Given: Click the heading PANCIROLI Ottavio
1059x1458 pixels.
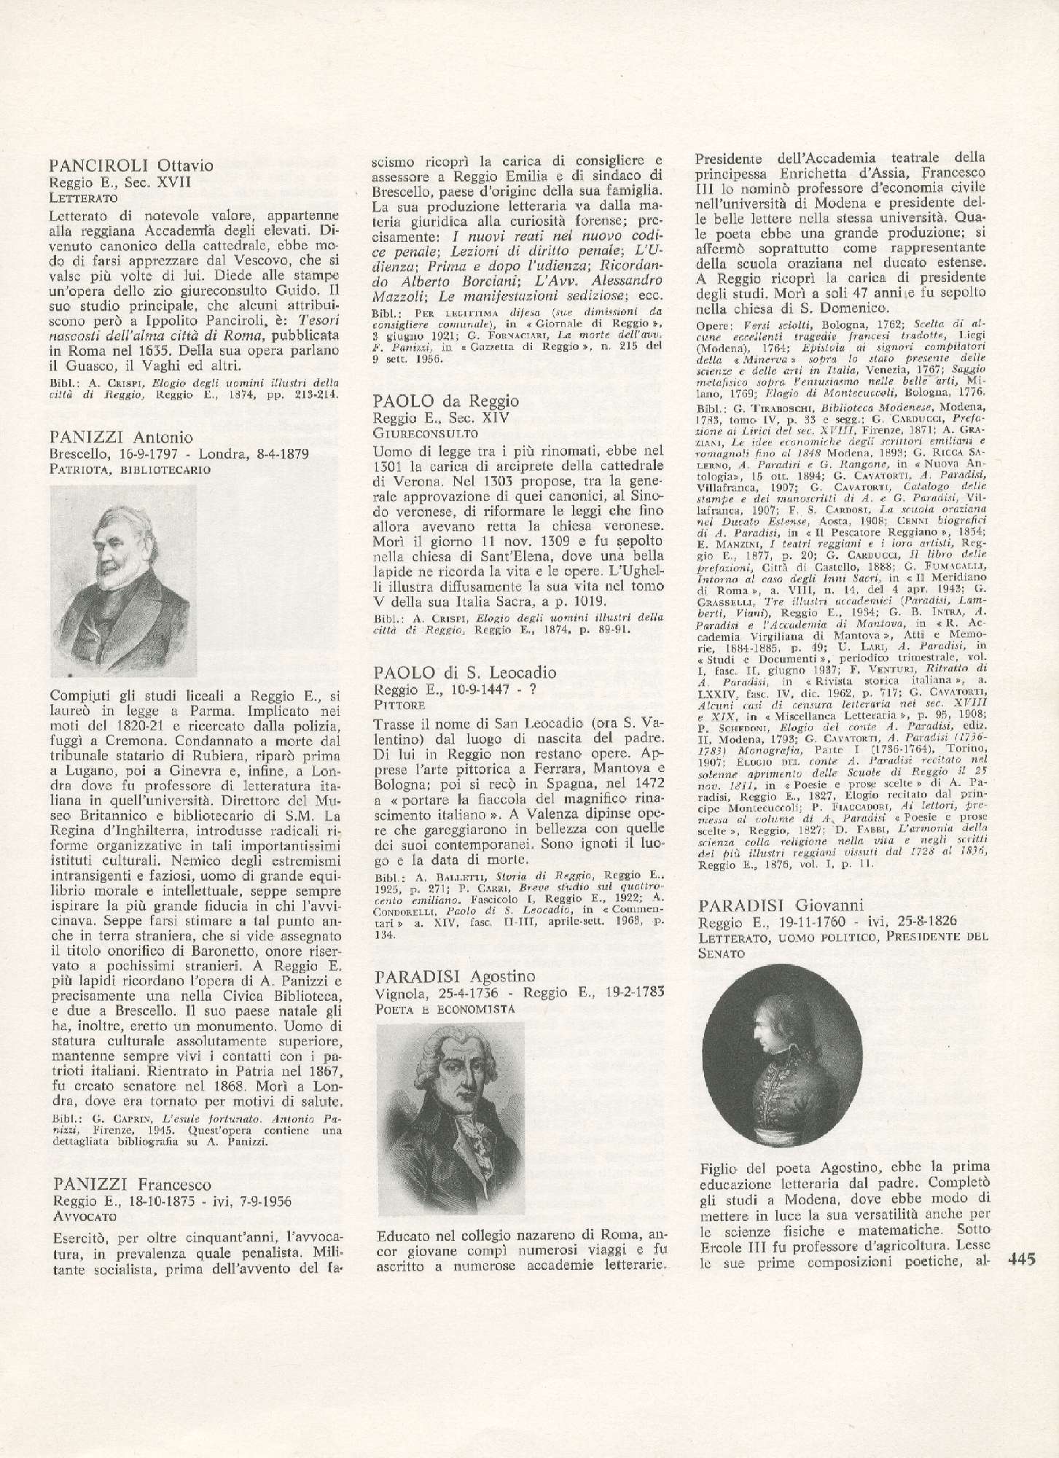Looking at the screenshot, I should click(121, 165).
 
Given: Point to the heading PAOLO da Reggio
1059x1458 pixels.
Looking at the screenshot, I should click(445, 400).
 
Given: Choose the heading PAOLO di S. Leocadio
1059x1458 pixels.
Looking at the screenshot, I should click(464, 672).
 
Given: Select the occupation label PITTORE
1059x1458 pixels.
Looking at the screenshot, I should click(398, 705).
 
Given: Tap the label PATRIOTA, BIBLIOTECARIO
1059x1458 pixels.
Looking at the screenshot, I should click(130, 469).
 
